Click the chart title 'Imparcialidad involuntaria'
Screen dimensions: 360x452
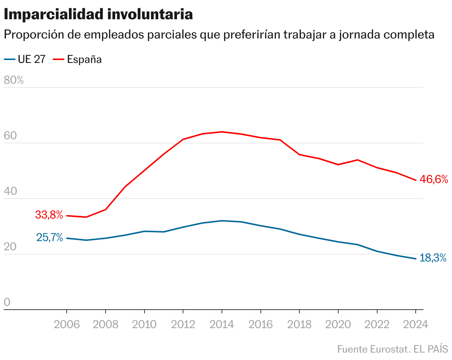[98, 15]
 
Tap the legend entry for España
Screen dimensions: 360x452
[77, 59]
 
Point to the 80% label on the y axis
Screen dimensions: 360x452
[14, 80]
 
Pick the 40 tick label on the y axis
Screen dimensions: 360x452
[11, 191]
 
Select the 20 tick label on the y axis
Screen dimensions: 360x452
[11, 247]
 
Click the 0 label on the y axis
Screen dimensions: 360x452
[7, 303]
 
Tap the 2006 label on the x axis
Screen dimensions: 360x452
[67, 324]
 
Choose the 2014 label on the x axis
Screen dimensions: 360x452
[222, 324]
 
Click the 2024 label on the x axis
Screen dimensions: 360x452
[415, 324]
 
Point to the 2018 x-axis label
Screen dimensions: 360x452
[299, 324]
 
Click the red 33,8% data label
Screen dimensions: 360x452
[49, 214]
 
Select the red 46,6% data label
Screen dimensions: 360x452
[434, 180]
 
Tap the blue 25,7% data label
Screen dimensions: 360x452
[50, 237]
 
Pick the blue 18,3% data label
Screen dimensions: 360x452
[433, 258]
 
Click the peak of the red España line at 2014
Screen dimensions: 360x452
[222, 132]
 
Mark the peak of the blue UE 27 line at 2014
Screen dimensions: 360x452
[222, 221]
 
